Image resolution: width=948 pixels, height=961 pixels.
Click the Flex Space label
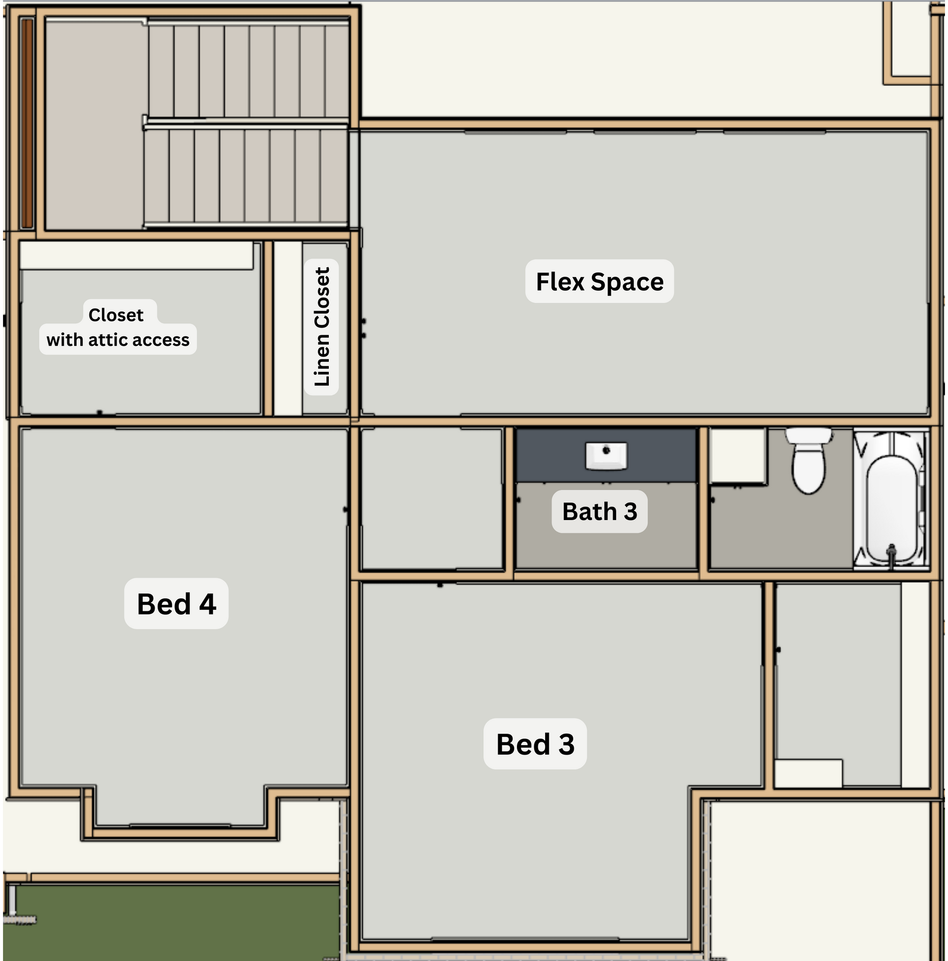(599, 281)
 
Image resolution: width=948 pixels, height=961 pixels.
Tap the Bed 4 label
(177, 603)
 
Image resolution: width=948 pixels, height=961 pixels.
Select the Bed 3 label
(535, 744)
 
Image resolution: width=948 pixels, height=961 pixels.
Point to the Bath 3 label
(599, 511)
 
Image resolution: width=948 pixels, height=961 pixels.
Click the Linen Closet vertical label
(321, 327)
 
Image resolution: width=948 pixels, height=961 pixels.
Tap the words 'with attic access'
(118, 340)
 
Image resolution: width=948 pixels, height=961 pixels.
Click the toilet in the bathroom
(809, 461)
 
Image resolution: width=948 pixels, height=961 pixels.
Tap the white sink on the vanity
(606, 456)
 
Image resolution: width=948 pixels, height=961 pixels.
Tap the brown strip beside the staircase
(27, 123)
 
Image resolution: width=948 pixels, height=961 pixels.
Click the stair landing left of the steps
(95, 124)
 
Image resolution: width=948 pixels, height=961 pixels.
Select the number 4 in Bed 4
(207, 604)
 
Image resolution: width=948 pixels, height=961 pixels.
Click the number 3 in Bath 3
(631, 511)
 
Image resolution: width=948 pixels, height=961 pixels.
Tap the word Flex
(560, 281)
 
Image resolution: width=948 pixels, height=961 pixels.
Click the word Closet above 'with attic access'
(116, 315)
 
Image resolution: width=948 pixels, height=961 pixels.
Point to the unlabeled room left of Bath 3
(432, 498)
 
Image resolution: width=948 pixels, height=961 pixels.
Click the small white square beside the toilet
(738, 456)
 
